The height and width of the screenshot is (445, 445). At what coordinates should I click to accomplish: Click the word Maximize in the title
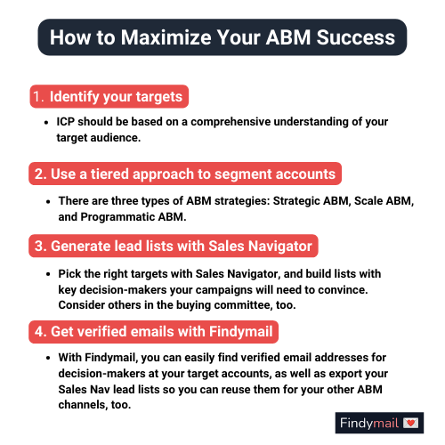(x=166, y=37)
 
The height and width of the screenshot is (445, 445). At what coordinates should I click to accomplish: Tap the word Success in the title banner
(x=356, y=37)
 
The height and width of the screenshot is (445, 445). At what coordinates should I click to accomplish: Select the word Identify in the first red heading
(x=74, y=97)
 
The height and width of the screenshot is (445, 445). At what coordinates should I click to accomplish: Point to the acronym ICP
(x=65, y=122)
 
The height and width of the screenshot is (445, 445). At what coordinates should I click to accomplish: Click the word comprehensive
(x=231, y=122)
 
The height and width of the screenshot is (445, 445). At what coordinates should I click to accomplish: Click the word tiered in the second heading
(x=109, y=174)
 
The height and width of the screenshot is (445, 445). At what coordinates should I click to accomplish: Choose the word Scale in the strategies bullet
(x=368, y=201)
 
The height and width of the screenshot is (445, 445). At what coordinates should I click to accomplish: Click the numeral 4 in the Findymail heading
(x=39, y=332)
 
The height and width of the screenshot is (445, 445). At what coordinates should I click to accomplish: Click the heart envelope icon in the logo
(x=410, y=423)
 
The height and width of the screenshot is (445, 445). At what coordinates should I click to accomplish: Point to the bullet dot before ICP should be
(x=46, y=122)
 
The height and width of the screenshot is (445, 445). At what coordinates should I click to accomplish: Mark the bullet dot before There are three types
(x=48, y=202)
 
